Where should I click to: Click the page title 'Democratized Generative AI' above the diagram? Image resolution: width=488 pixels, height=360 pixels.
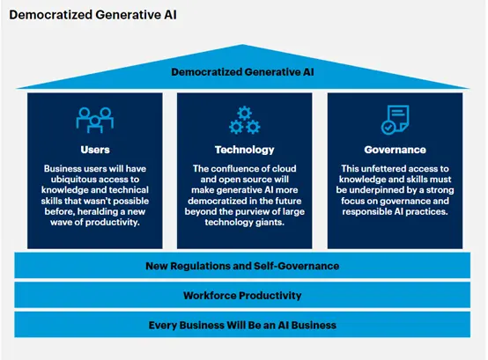tap(92, 15)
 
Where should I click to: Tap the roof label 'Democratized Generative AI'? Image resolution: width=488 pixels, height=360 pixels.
tap(242, 72)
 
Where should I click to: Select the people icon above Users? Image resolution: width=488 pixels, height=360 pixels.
tap(95, 120)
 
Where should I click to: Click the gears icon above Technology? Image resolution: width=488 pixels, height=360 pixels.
tap(245, 120)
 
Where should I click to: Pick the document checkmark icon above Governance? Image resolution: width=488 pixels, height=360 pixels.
tap(395, 120)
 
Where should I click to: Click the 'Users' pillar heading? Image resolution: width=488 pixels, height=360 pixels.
tap(95, 150)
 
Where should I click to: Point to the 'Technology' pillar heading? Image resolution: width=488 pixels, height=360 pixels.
tap(245, 150)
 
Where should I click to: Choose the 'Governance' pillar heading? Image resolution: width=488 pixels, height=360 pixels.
tap(395, 150)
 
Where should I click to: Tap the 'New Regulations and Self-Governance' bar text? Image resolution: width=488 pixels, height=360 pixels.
tap(242, 266)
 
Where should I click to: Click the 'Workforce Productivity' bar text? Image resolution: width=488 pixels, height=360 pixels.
tap(242, 296)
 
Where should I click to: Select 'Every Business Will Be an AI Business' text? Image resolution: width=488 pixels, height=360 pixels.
tap(242, 325)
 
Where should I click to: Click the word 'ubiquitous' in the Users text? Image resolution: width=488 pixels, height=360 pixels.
tap(74, 180)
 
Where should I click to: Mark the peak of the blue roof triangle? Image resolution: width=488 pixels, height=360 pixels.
tap(242, 45)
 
